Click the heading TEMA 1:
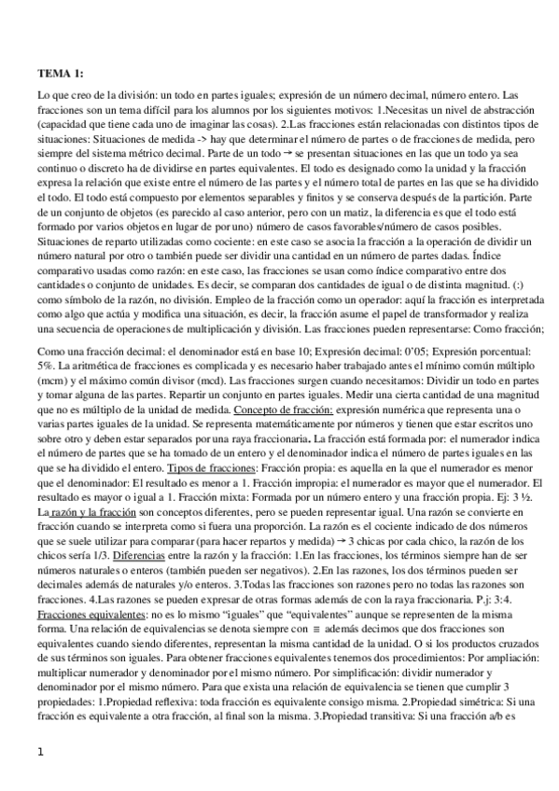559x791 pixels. pyautogui.click(x=61, y=73)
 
